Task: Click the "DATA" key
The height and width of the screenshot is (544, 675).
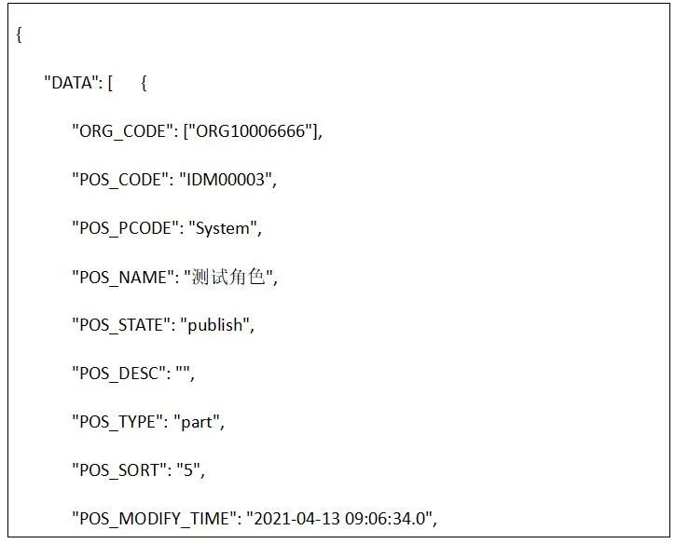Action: [72, 83]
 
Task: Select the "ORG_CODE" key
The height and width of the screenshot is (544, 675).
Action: [121, 131]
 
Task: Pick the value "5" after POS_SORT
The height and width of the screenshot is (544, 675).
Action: [188, 470]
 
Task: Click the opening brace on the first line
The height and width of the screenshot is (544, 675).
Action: [19, 35]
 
